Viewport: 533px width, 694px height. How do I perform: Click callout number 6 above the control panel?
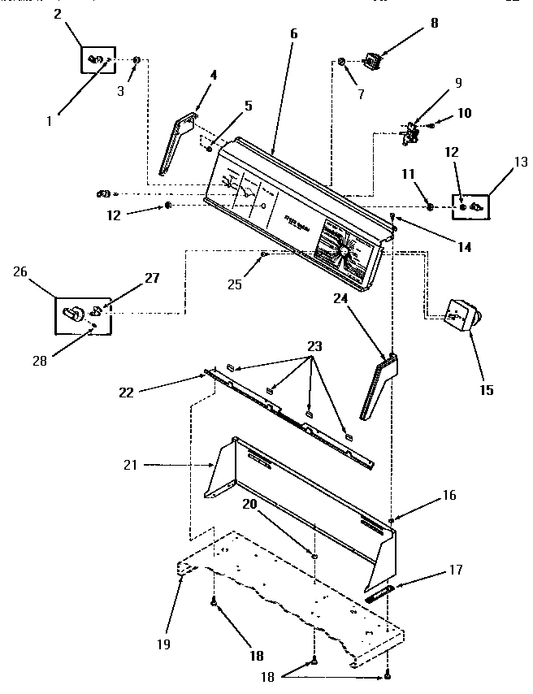(x=293, y=34)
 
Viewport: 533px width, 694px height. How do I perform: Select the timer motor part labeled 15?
(x=462, y=314)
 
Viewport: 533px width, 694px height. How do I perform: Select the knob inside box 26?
(x=73, y=312)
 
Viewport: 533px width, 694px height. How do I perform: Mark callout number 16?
(x=426, y=495)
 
